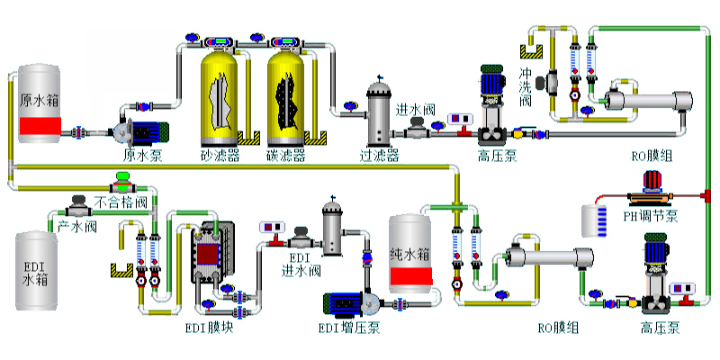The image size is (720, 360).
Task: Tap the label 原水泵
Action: pos(141,155)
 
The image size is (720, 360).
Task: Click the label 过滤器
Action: pos(379,155)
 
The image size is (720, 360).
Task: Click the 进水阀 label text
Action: pos(416,109)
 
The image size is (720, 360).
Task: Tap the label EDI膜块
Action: pos(209,327)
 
